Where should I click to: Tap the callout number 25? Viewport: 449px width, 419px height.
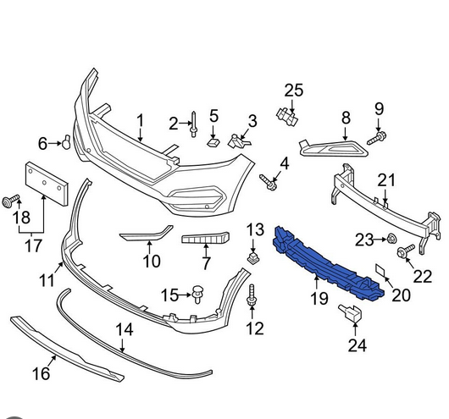pyautogui.click(x=293, y=91)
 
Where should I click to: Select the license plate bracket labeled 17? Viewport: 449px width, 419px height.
pyautogui.click(x=47, y=184)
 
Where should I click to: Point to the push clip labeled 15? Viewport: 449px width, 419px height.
pyautogui.click(x=197, y=294)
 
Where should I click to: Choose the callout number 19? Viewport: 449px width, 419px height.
pyautogui.click(x=319, y=298)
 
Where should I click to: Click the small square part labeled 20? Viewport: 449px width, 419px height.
pyautogui.click(x=380, y=270)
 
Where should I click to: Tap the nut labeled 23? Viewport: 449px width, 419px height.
pyautogui.click(x=391, y=239)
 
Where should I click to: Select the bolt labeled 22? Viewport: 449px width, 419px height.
pyautogui.click(x=406, y=251)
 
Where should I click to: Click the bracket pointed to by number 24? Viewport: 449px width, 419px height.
pyautogui.click(x=351, y=313)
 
